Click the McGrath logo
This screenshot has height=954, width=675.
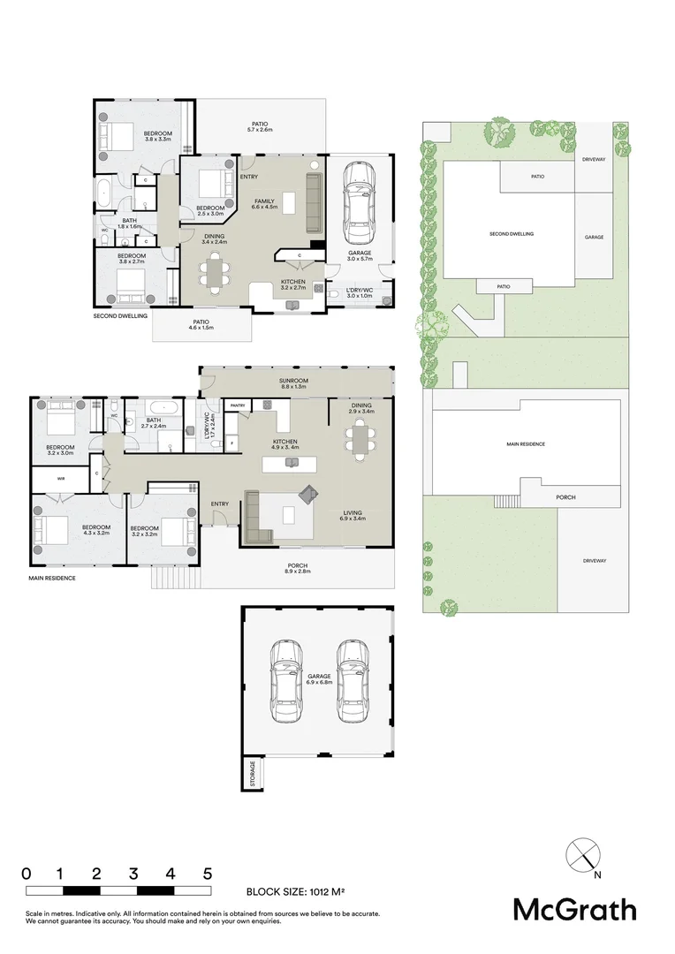click(x=575, y=910)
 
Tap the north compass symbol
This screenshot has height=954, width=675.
click(x=582, y=855)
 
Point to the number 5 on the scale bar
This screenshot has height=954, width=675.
click(x=207, y=874)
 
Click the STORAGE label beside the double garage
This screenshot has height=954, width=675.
click(x=253, y=773)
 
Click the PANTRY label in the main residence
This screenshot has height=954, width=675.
click(x=237, y=405)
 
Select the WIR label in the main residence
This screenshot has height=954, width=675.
click(x=60, y=479)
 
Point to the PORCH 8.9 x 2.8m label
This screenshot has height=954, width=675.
click(x=297, y=570)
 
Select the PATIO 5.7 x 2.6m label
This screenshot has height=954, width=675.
click(x=259, y=127)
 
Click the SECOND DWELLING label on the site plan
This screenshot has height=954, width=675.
click(x=511, y=234)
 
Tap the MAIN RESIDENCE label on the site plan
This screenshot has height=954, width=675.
click(x=525, y=443)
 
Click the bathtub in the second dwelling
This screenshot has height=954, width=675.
click(x=104, y=193)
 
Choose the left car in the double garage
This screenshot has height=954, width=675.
click(x=287, y=678)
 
